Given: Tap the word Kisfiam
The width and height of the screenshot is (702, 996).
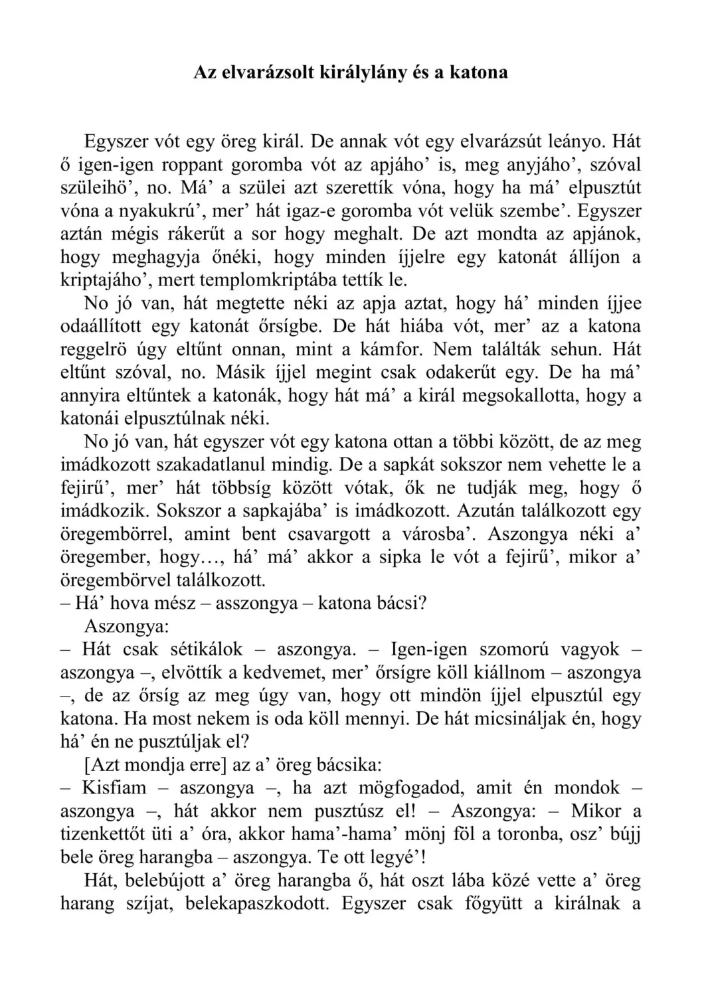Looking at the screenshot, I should (x=112, y=788).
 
